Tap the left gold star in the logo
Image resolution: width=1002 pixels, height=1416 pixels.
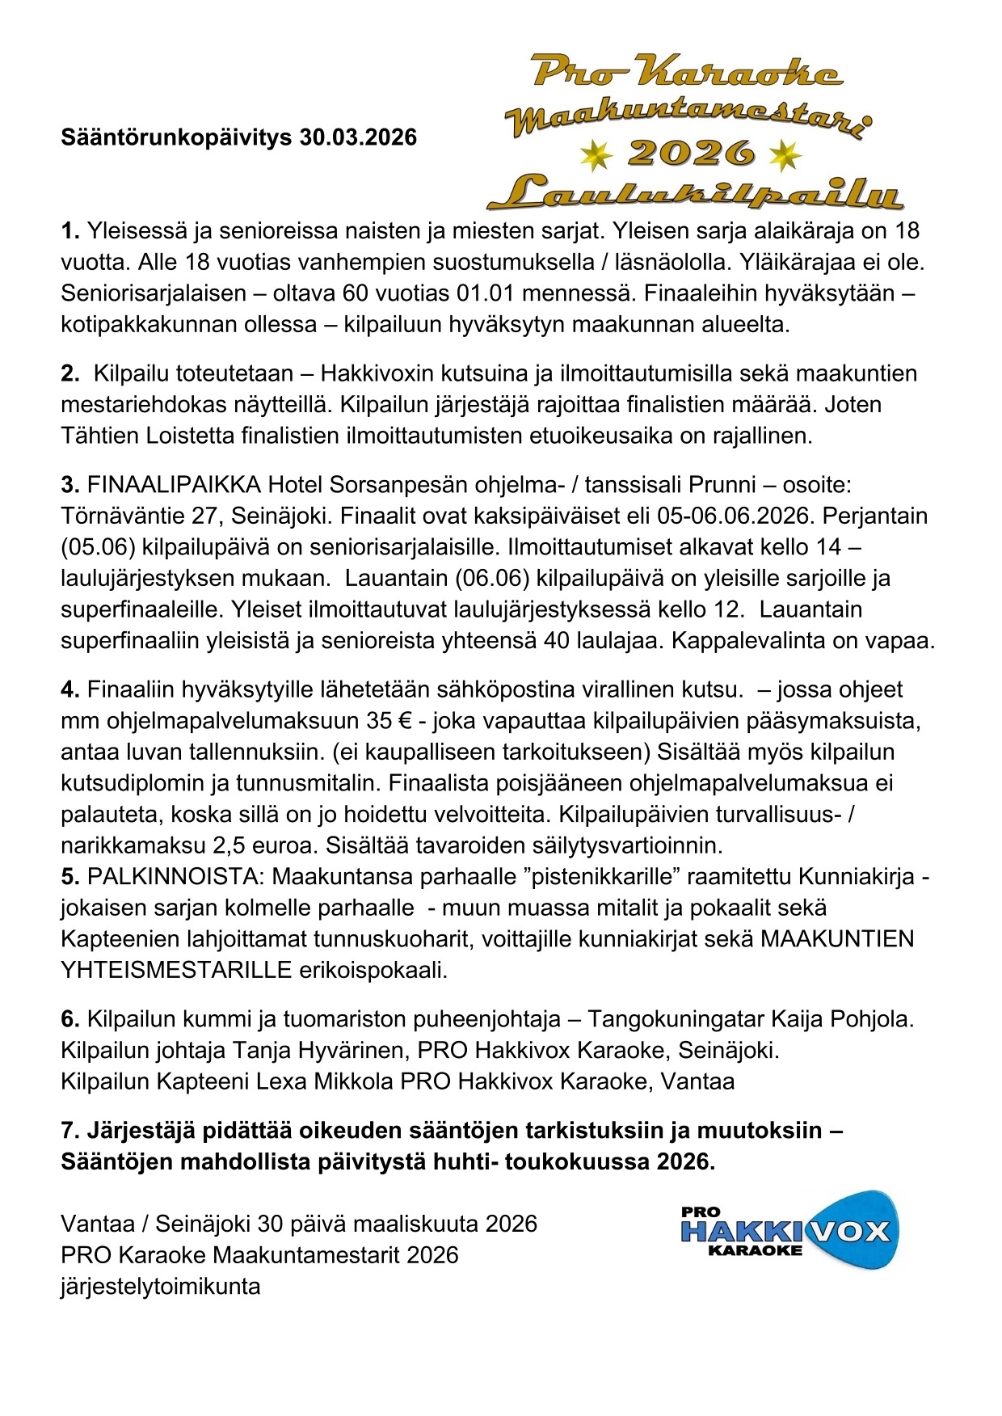[596, 155]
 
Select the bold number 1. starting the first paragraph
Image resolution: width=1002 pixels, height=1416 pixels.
[70, 231]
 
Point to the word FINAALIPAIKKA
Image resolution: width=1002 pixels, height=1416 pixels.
[174, 485]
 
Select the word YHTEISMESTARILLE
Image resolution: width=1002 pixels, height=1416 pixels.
[175, 970]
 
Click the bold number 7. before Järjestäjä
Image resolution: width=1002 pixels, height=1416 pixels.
[70, 1130]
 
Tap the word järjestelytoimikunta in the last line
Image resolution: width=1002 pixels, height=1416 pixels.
[160, 1286]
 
